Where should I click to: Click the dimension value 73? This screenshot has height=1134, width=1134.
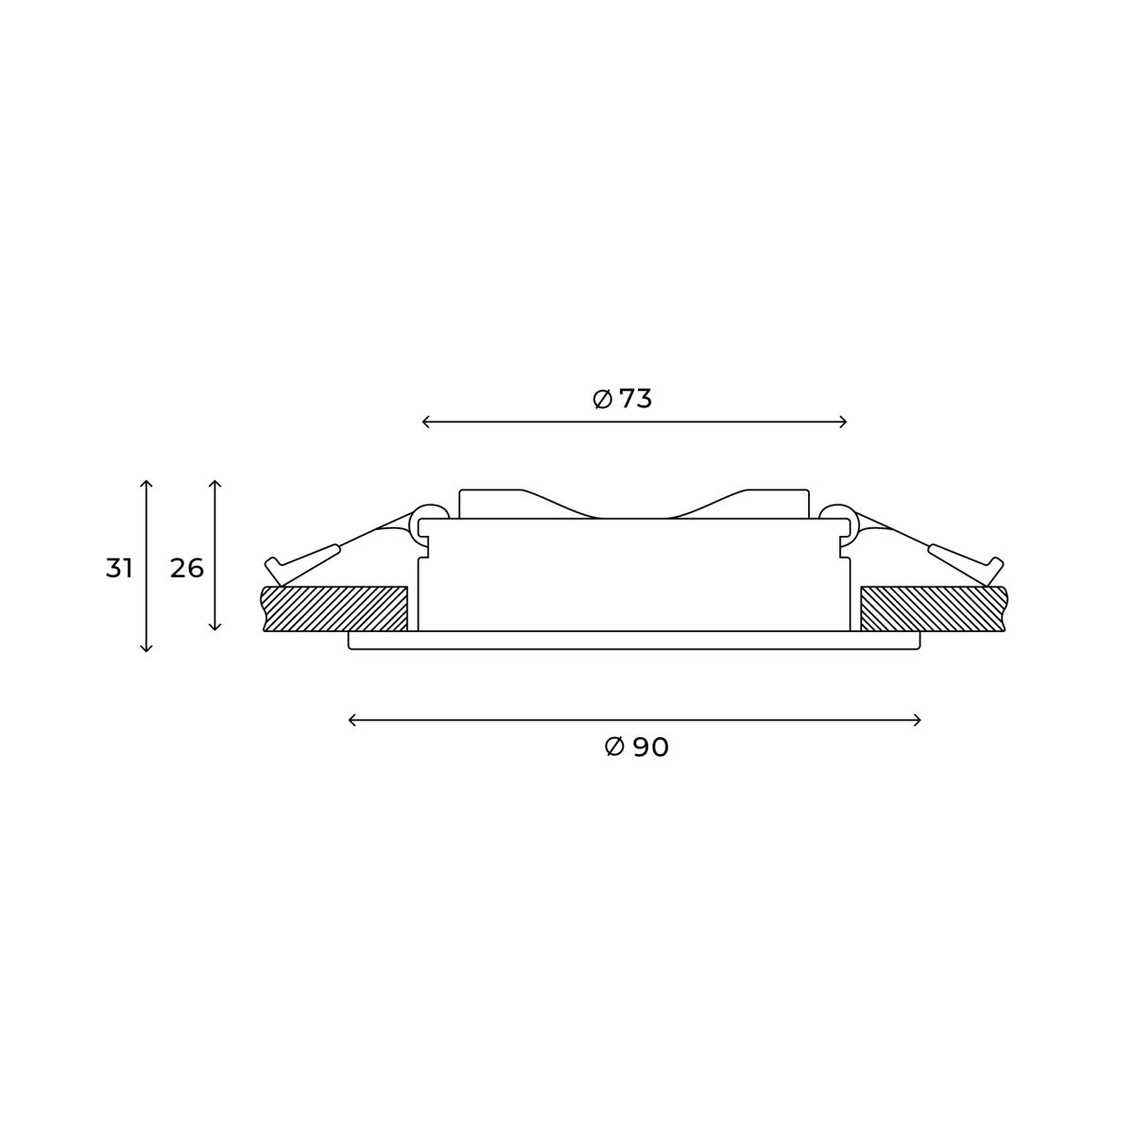coord(636,400)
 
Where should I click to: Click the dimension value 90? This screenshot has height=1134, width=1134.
coord(651,747)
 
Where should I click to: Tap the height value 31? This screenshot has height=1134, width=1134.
coord(119,569)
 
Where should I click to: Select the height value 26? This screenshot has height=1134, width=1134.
coord(187,569)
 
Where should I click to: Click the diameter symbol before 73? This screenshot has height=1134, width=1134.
coord(603,400)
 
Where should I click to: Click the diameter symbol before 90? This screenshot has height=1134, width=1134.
coord(614,747)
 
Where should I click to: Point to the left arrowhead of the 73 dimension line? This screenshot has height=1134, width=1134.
coord(424,422)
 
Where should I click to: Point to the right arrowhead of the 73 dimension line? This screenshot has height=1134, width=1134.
coord(845,422)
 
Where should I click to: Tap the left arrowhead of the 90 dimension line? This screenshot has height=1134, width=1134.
coord(352,721)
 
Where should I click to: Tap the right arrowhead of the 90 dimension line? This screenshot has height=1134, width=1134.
coord(919,721)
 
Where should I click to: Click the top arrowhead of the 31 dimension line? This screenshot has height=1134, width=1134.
coord(146,483)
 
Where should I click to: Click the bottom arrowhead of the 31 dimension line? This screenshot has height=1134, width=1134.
coord(146,649)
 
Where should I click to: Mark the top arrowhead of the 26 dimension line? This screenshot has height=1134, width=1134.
coord(215,483)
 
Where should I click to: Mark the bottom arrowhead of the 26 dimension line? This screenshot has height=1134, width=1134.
coord(215,627)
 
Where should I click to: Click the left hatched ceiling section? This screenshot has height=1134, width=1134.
coord(335,609)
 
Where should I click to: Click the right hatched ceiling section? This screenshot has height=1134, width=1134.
coord(931,609)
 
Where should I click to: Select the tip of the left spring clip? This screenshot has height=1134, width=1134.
coord(272,568)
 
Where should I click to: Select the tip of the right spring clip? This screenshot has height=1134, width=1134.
coord(996,568)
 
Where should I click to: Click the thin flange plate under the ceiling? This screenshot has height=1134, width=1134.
coord(634,641)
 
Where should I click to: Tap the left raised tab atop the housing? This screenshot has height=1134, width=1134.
coord(490,502)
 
